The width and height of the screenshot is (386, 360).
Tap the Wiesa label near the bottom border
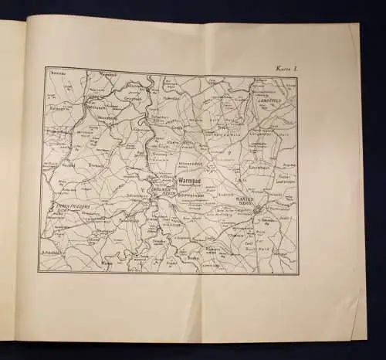click(107, 263)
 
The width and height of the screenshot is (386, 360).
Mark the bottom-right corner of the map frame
click(296, 273)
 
